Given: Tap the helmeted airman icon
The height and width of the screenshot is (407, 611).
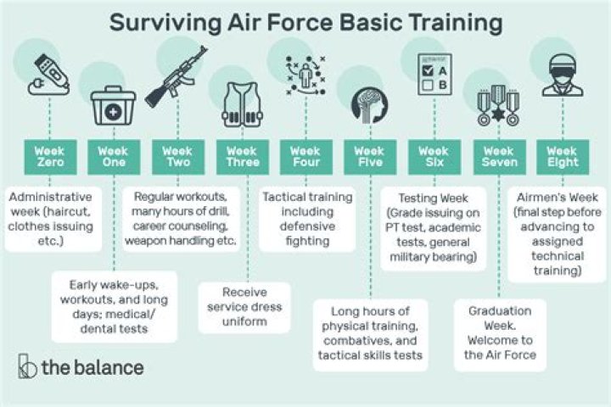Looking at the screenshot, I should (563, 75).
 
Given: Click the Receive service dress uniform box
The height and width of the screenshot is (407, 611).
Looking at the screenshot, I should (242, 305).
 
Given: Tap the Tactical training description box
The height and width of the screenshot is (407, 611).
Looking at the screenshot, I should (306, 218).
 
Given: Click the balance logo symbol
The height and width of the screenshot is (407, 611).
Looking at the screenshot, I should (28, 366).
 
